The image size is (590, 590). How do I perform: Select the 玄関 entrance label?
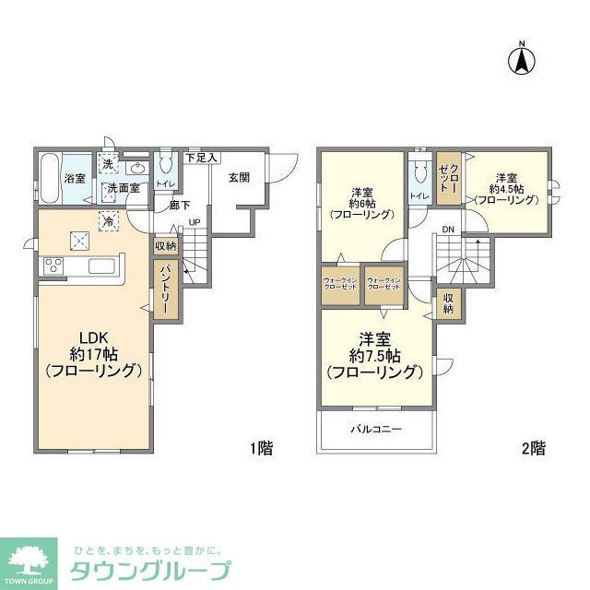[238, 178]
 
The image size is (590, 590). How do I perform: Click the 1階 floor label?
[260, 449]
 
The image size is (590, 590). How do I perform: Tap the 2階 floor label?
[533, 449]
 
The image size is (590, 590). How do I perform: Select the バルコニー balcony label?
[375, 430]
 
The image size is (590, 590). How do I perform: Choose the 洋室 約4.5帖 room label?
[508, 188]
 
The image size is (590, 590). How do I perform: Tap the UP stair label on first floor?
[195, 222]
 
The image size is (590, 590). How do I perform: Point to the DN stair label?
[448, 229]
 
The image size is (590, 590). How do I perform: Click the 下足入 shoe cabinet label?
[202, 158]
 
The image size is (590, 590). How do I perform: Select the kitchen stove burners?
[53, 267]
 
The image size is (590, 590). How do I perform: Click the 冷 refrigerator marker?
[109, 221]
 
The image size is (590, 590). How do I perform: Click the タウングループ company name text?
[150, 569]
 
